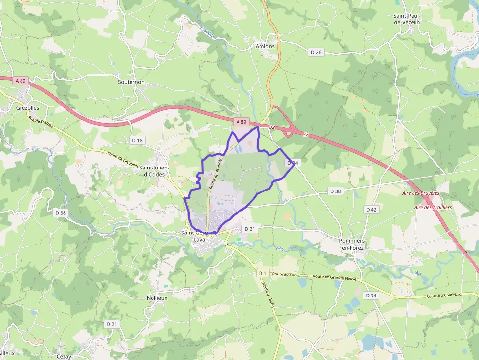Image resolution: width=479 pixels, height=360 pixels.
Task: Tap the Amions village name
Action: click(265, 46)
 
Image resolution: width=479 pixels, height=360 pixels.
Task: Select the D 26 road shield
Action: click(316, 52)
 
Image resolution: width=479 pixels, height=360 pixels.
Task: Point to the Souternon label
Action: click(131, 82)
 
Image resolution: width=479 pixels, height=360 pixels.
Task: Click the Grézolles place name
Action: click(27, 108)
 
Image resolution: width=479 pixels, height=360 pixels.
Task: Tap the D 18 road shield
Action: click(137, 140)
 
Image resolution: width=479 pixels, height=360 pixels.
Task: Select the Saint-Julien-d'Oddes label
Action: click(154, 171)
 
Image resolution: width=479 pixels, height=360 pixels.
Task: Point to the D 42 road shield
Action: click(371, 209)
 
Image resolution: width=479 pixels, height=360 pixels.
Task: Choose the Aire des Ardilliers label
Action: click(433, 207)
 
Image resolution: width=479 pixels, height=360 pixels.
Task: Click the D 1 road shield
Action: click(263, 273)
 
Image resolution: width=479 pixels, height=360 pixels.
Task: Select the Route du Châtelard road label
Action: click(444, 296)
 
